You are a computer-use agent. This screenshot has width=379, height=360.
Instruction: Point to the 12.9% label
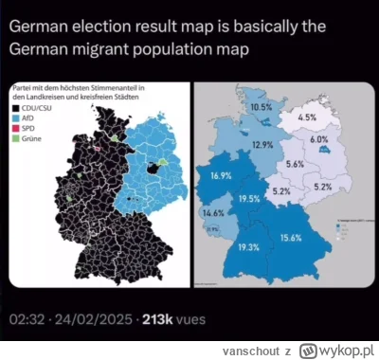click(x=263, y=144)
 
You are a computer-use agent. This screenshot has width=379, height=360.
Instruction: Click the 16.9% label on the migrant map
click(x=222, y=177)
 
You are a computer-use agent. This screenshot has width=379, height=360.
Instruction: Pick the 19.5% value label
click(x=250, y=198)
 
